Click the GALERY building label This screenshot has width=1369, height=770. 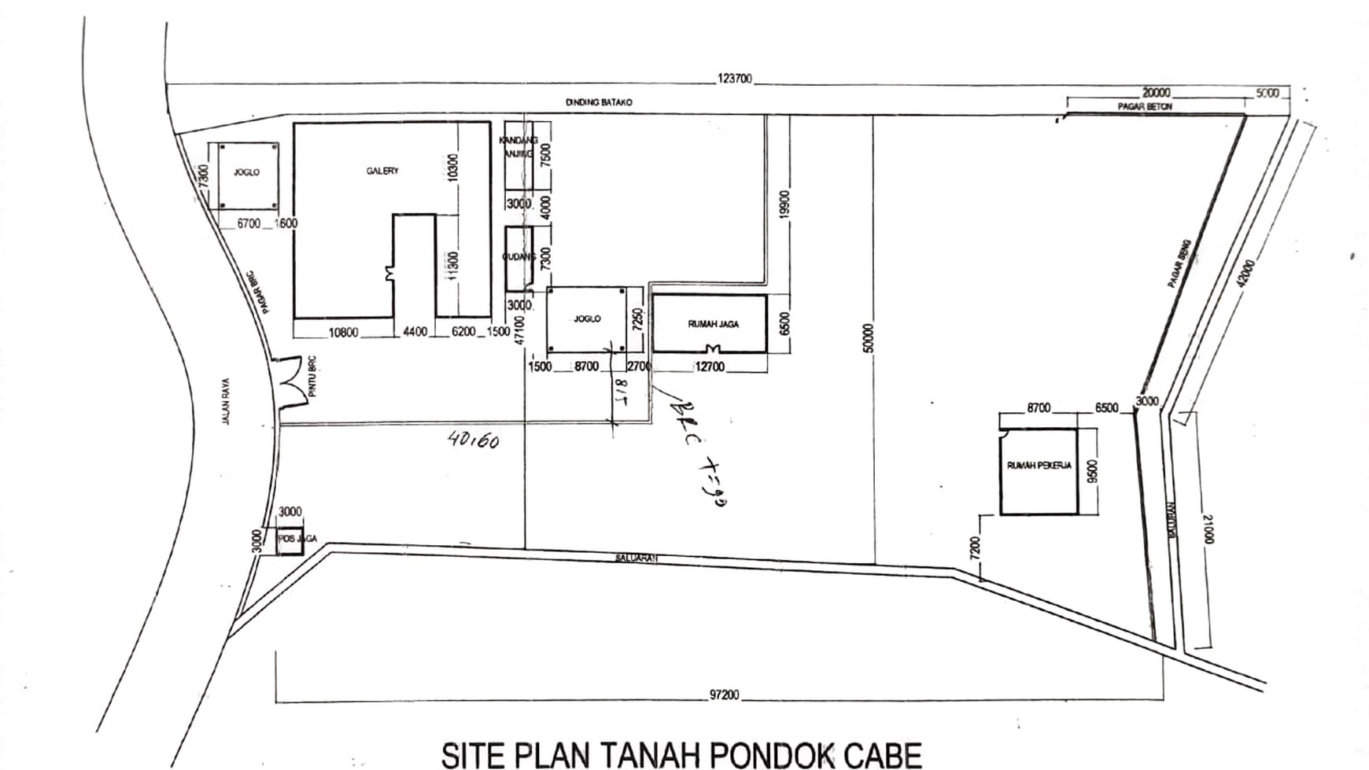coord(382,171)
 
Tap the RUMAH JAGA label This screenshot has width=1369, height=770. coord(714,324)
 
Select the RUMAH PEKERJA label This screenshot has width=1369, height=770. coord(1039,466)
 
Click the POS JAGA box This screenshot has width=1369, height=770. coord(290,540)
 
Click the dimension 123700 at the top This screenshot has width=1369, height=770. coord(734,79)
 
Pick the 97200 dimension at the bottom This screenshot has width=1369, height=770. coord(724,695)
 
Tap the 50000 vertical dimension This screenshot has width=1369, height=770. coord(869,338)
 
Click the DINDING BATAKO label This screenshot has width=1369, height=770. coord(599,102)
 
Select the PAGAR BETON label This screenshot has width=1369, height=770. coord(1145,106)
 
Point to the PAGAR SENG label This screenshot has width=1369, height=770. coord(1179,263)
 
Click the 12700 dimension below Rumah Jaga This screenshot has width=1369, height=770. coord(710,367)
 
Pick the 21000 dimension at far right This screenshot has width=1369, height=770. coord(1208,529)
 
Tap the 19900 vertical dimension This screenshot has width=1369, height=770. coord(784,206)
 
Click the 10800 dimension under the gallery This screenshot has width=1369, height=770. coord(343,332)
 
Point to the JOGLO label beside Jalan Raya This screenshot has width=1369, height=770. coord(246,172)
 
